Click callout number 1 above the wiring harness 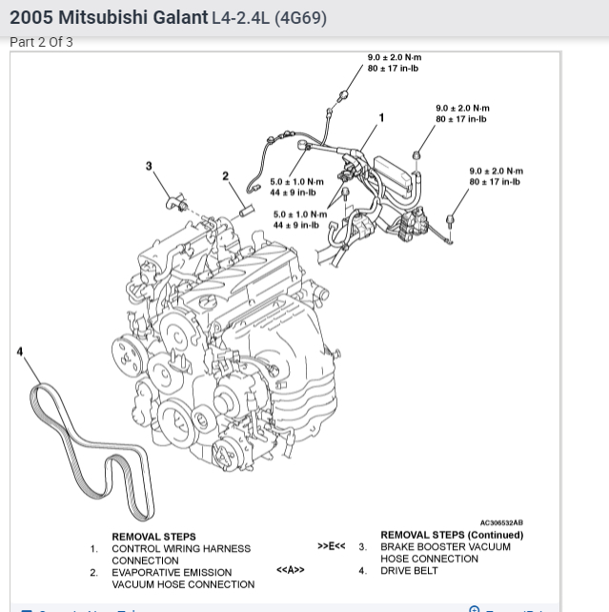tap(382, 118)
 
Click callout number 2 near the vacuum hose tap(226, 176)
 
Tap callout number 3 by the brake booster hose tap(149, 167)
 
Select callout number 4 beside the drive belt tap(20, 352)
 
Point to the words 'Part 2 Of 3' tap(41, 42)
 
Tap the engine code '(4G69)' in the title tap(300, 18)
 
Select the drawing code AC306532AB tap(501, 522)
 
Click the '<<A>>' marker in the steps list tap(291, 570)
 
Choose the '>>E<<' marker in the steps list tap(332, 546)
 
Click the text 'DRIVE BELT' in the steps tap(409, 571)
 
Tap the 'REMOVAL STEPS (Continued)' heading tap(452, 535)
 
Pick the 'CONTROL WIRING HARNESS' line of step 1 tap(181, 549)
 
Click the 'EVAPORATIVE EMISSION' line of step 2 tap(172, 573)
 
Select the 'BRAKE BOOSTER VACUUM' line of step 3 tap(445, 547)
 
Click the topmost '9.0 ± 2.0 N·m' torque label tap(395, 58)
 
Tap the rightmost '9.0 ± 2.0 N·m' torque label tap(496, 172)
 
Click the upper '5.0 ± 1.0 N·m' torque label tap(296, 182)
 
